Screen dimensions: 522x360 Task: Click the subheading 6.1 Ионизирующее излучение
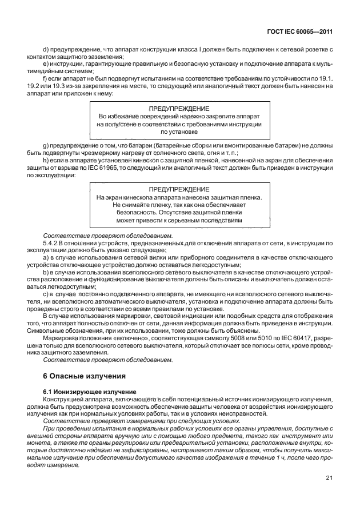pos(90,391)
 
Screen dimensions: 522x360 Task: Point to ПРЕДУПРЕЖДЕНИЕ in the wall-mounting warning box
pos(179,108)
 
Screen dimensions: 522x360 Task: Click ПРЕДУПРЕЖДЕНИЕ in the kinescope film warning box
pos(179,189)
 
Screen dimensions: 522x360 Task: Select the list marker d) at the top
pos(46,50)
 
